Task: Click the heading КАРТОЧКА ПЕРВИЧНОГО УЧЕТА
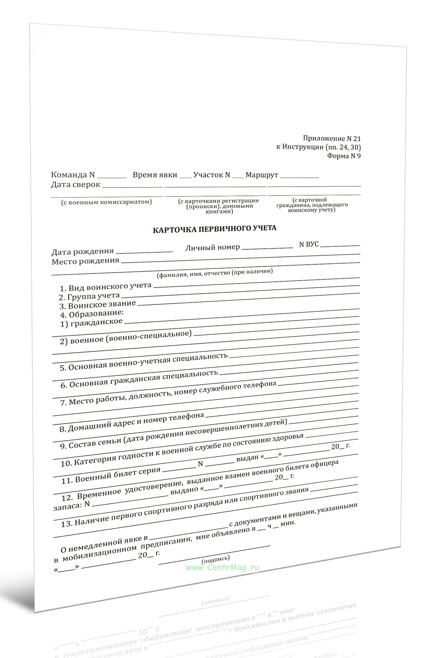214,229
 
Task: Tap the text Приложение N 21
332,138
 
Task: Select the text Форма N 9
343,156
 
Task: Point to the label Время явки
155,175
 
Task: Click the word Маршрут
261,175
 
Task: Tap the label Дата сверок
76,184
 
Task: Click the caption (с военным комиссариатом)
106,202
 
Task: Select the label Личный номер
212,247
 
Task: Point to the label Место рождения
85,261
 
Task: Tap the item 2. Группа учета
89,296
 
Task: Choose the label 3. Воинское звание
98,305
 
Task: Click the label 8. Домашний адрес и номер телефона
132,422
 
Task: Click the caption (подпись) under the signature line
215,559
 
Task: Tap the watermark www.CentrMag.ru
222,567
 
